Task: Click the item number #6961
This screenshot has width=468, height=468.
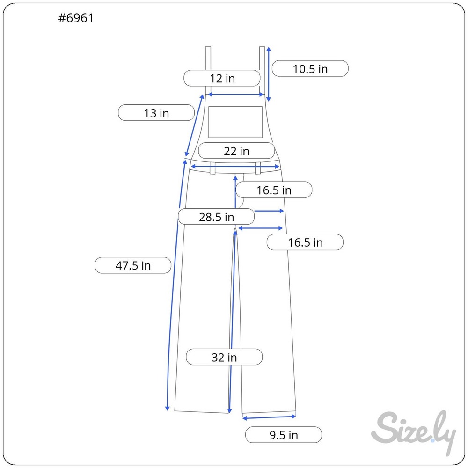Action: coord(76,18)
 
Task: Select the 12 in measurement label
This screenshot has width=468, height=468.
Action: coord(222,78)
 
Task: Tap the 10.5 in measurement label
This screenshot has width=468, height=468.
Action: coord(310,69)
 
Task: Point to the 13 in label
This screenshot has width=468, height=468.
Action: coord(156,113)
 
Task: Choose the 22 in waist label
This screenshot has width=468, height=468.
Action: coord(236,151)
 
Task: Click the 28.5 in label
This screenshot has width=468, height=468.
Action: coord(216,217)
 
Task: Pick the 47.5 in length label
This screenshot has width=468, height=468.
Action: coord(133,265)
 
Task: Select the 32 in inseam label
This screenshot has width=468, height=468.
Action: coord(224,357)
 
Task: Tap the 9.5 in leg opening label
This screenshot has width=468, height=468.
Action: coord(284,435)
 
